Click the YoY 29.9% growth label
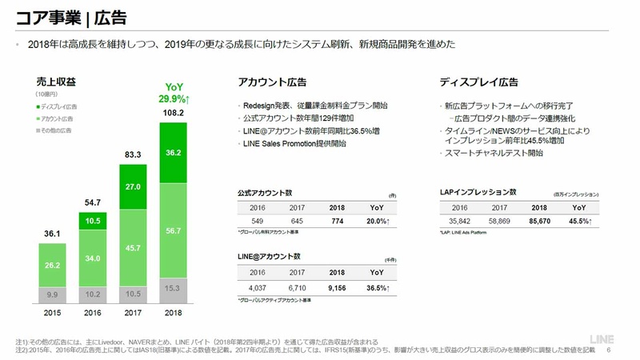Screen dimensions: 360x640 tap(174, 93)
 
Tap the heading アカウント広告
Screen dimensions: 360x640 tap(272, 82)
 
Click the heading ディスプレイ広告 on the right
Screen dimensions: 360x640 tap(478, 82)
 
